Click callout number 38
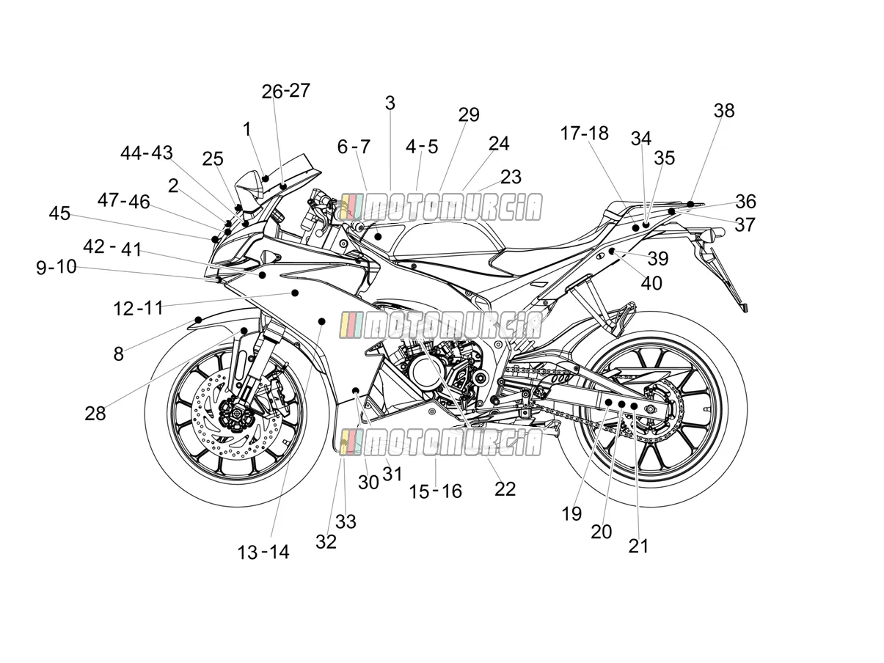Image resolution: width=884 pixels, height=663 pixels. coord(724,110)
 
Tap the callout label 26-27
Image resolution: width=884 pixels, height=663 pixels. coord(285,91)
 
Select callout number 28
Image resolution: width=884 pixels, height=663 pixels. coord(95,414)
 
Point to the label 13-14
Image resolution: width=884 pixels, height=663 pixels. coord(263,552)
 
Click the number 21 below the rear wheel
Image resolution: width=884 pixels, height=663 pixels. coord(638,546)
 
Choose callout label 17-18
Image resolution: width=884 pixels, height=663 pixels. coord(584,133)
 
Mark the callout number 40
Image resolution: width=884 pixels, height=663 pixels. coord(651,283)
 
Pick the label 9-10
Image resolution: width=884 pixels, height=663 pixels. coord(56,267)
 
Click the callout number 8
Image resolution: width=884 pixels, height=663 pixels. coord(118,354)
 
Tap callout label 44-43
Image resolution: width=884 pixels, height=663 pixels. coord(147,153)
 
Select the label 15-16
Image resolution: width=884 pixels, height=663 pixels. coord(435,491)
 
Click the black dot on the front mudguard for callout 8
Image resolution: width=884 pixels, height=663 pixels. coord(198,320)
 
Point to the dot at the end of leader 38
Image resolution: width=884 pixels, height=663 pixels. coord(690,204)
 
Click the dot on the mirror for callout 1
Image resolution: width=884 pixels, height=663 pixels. coord(265,178)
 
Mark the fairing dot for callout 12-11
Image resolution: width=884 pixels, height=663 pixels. coord(295,293)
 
